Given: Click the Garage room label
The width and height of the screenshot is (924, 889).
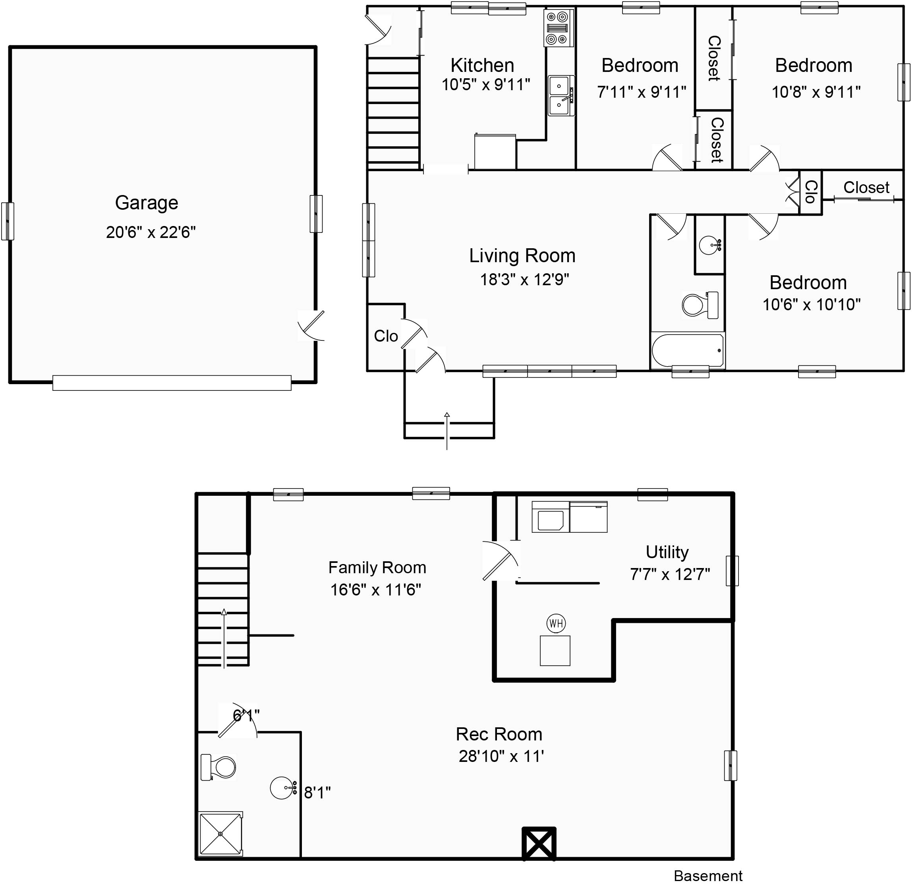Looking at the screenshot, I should tap(147, 203).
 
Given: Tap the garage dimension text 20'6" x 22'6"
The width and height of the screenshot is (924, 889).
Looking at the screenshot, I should tap(151, 232).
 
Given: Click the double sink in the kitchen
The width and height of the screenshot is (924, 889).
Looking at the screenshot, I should tap(560, 96).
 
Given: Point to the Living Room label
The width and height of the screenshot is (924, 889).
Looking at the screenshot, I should tap(522, 256).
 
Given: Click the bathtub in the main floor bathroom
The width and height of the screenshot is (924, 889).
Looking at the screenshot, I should tap(687, 350).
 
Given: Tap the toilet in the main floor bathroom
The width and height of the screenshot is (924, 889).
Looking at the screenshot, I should tap(700, 305).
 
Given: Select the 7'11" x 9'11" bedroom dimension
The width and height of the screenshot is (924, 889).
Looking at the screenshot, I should tap(641, 92).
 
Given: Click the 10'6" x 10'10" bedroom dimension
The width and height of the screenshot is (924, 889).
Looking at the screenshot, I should tap(811, 305).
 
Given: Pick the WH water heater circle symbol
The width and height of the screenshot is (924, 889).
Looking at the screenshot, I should tap(556, 624).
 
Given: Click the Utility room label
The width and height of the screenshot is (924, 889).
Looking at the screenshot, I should tap(667, 552).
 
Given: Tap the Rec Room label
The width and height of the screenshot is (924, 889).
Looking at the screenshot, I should tap(499, 734).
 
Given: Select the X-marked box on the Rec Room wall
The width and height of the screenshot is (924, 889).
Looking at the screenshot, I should tap(538, 844).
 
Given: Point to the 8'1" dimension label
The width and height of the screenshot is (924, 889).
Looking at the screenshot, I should tap(317, 793).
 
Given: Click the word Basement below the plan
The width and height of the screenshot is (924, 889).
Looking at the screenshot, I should tap(707, 876).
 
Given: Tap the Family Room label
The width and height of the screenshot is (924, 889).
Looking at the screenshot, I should tap(377, 568).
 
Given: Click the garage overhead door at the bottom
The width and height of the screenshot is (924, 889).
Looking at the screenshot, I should tap(172, 383).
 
